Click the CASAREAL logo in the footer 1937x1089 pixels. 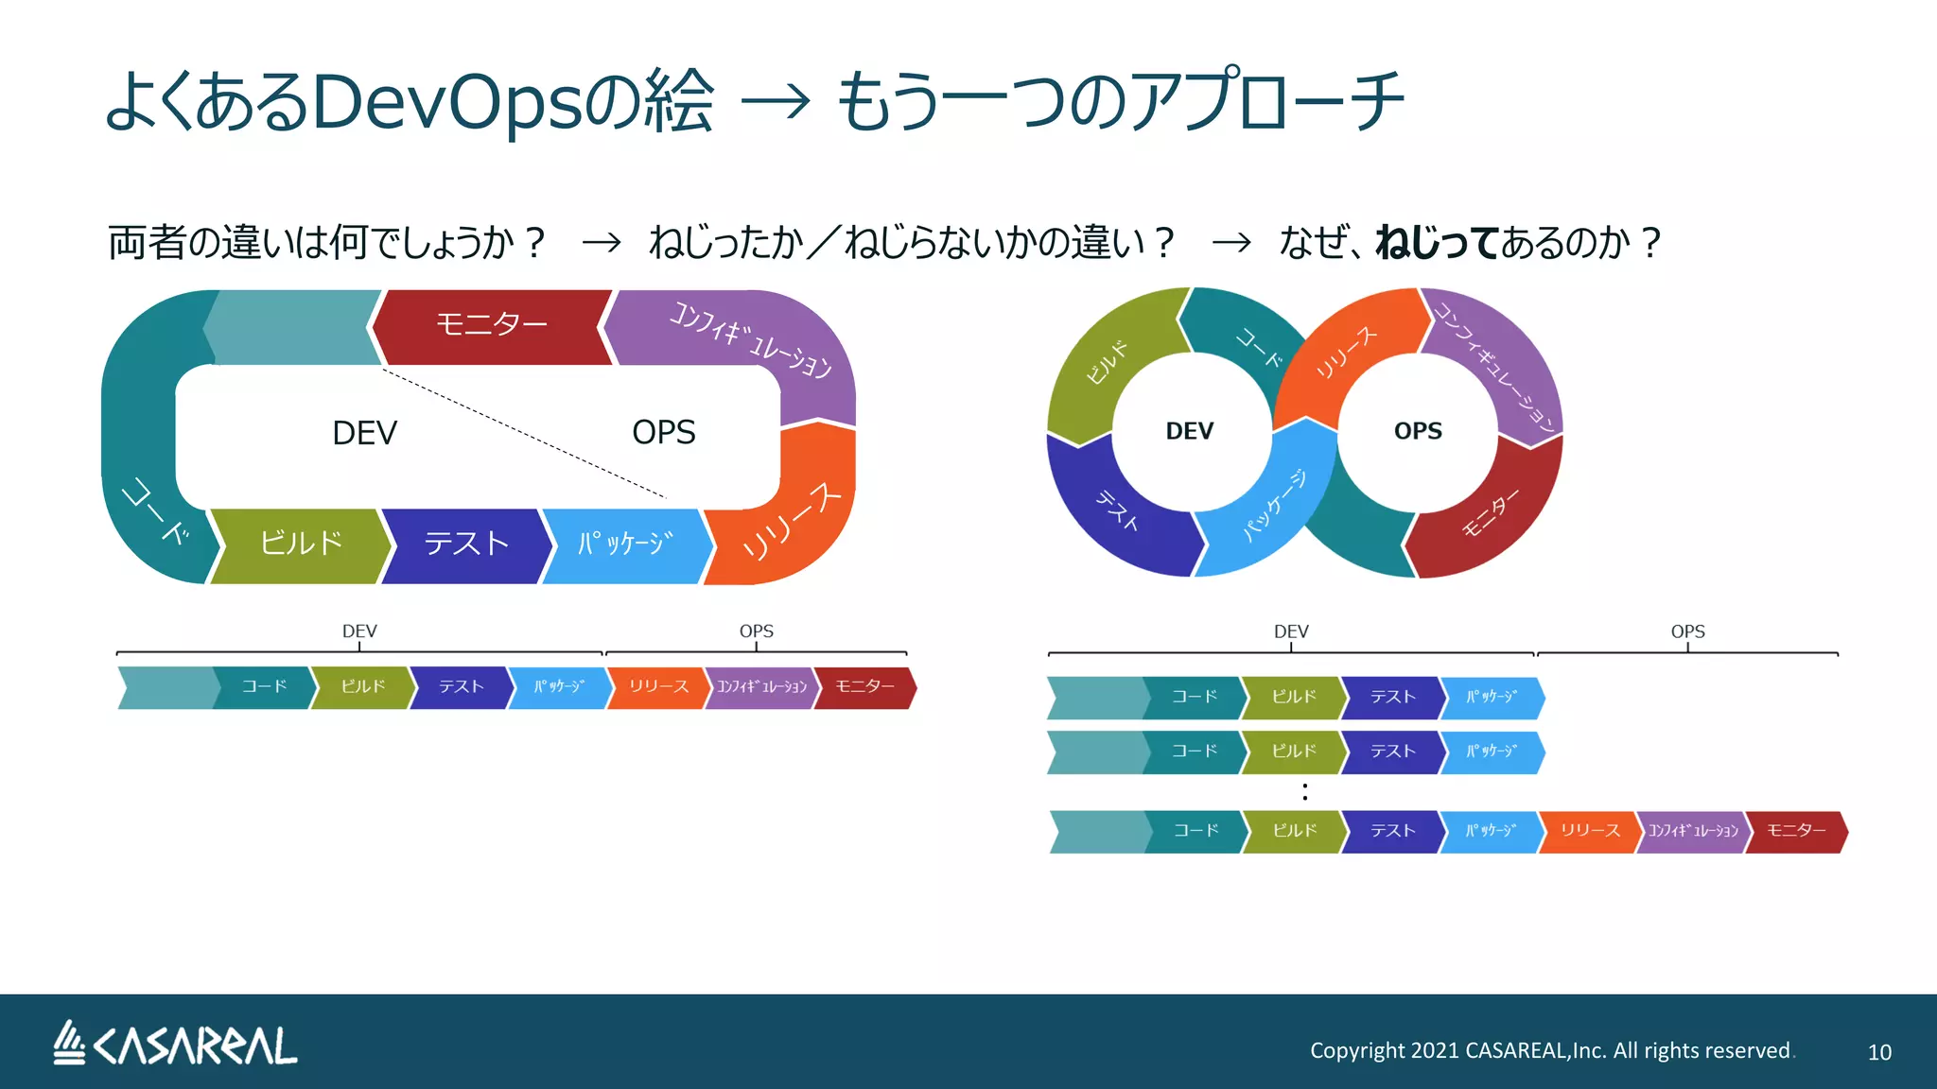(x=175, y=1045)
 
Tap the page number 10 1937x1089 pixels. (x=1878, y=1052)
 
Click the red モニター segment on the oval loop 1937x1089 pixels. (x=492, y=325)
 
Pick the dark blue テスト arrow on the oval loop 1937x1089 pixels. (x=465, y=544)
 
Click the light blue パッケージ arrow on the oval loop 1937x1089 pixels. (x=625, y=544)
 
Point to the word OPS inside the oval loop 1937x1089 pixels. (x=663, y=432)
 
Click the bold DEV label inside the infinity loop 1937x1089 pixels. (x=1189, y=431)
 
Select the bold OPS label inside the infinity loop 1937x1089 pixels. (x=1418, y=431)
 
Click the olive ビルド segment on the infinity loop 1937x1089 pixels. (x=1107, y=364)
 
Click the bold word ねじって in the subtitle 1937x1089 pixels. (x=1437, y=242)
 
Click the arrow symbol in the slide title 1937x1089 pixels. (x=776, y=101)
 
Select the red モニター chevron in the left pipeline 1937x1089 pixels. (x=864, y=687)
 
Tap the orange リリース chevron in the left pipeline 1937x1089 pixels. (x=658, y=687)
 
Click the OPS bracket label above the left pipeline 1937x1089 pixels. (x=756, y=631)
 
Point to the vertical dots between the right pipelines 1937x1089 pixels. (x=1305, y=792)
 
